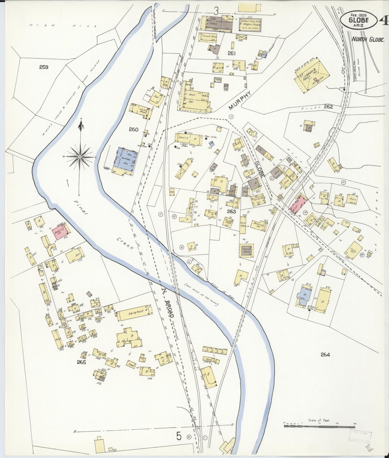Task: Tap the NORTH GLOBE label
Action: (368, 40)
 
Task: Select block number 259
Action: (44, 67)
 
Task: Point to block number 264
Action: (325, 355)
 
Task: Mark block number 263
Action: (231, 211)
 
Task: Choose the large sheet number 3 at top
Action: (216, 11)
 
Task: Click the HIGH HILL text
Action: (63, 26)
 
